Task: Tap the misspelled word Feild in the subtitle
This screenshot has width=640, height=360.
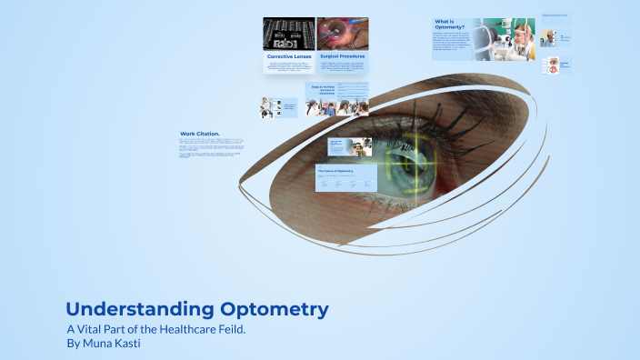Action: click(x=225, y=328)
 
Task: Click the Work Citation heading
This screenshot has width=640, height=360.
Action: click(x=200, y=134)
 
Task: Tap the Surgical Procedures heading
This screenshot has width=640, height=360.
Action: click(x=342, y=56)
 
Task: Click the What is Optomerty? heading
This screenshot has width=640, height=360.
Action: click(x=450, y=25)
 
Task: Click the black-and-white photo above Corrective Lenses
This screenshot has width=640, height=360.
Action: click(x=288, y=34)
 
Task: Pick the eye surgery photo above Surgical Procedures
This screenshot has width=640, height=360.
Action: click(x=342, y=34)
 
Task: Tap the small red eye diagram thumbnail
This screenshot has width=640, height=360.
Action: click(x=550, y=65)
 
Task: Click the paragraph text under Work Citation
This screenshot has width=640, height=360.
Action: click(x=212, y=148)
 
